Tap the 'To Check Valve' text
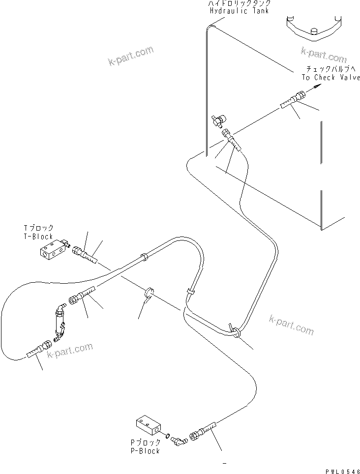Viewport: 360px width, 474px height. click(330, 78)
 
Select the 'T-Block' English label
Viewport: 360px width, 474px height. click(38, 237)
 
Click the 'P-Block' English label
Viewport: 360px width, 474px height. click(146, 451)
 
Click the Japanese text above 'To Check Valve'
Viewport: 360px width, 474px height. click(332, 69)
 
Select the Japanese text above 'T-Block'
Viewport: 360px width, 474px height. click(38, 229)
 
